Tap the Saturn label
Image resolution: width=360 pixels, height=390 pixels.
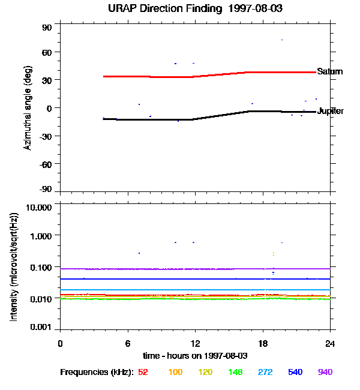(x=330, y=71)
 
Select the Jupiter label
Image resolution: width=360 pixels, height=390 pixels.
(x=330, y=112)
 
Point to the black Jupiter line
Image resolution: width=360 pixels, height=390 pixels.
(x=150, y=119)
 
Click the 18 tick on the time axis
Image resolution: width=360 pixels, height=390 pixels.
(x=262, y=343)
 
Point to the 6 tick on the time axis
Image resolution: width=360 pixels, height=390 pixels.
(x=128, y=343)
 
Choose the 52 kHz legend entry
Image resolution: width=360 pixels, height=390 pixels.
(x=143, y=372)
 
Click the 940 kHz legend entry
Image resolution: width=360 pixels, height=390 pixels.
(x=324, y=372)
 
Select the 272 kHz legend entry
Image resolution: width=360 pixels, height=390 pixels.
(x=264, y=372)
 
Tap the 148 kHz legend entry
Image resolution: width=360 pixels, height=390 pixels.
(x=235, y=372)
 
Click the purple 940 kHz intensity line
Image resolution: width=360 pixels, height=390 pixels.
(x=180, y=269)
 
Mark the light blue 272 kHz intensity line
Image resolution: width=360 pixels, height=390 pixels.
(x=180, y=290)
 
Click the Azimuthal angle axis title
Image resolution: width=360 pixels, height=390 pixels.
(x=28, y=109)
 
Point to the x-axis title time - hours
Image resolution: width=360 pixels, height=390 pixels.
(x=195, y=355)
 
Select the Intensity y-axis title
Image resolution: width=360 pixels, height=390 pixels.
(x=13, y=267)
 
